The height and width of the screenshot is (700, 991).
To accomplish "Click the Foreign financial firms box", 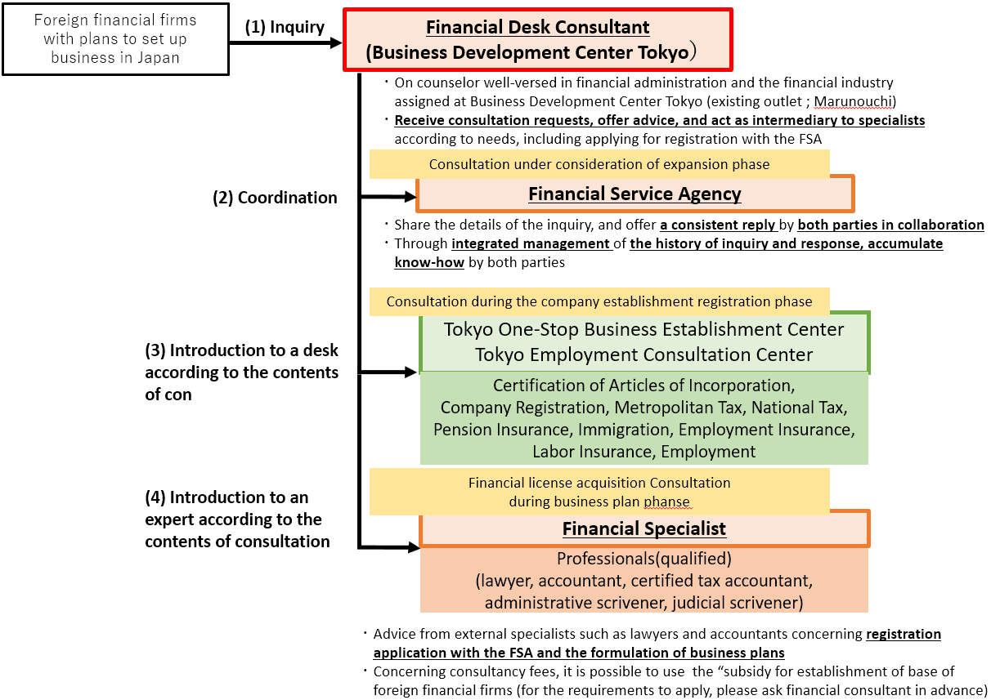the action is coord(115,39).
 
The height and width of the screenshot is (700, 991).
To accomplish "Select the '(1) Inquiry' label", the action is coord(285,27).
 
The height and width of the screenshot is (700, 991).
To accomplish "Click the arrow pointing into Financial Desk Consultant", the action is coord(286,42).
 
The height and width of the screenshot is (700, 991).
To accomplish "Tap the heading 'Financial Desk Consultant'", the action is coord(537,27).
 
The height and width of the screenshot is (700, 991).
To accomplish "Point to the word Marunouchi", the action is coord(853,101).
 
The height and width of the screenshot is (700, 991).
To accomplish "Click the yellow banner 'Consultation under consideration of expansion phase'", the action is coord(599,164).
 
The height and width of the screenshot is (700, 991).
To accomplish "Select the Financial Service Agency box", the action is coord(635,194).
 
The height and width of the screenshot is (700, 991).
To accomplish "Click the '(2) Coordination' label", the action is coord(275,198).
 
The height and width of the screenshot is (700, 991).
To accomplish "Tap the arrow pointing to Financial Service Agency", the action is coord(388,197).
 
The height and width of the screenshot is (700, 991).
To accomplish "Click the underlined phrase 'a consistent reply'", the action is coord(718,225).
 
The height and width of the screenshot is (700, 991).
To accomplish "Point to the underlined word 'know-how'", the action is coord(429,262).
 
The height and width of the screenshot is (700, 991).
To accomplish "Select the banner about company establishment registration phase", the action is coord(599,301).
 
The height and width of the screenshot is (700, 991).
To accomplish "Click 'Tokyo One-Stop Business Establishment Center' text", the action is coord(643,330).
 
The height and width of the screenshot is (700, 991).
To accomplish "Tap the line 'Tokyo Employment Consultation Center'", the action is coord(643,354).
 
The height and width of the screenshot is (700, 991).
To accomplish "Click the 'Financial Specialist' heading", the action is coord(643,528).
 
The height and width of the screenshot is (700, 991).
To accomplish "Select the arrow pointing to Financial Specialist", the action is coord(389,548).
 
